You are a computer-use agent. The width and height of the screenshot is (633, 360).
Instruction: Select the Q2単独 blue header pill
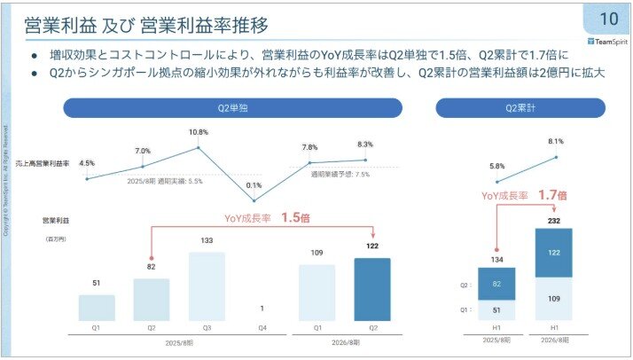(x=231, y=107)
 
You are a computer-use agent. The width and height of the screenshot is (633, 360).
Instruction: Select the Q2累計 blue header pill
(x=521, y=107)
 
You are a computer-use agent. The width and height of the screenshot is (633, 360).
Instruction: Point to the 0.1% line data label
(x=254, y=185)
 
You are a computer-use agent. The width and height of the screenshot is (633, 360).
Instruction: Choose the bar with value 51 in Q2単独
(x=97, y=307)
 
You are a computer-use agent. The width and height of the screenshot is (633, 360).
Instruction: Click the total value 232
(x=554, y=221)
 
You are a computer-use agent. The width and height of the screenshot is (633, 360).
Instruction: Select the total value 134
(x=496, y=260)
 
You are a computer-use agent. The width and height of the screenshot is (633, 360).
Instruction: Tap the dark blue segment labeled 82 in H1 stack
(x=496, y=284)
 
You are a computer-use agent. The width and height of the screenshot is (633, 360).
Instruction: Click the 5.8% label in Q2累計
(x=496, y=166)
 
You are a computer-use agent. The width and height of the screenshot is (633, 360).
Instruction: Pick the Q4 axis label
(x=261, y=328)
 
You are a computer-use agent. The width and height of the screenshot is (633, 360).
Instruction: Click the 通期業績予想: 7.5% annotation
(x=340, y=176)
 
